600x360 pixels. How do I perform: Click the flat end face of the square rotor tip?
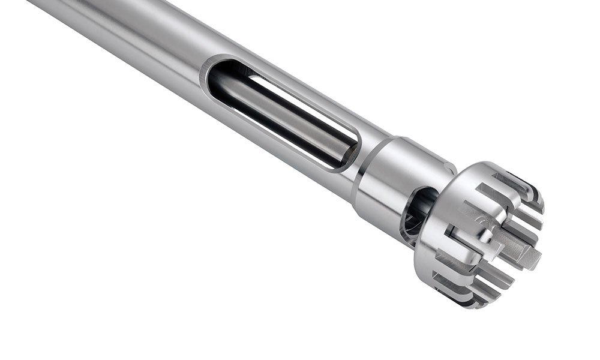point(531,261)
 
